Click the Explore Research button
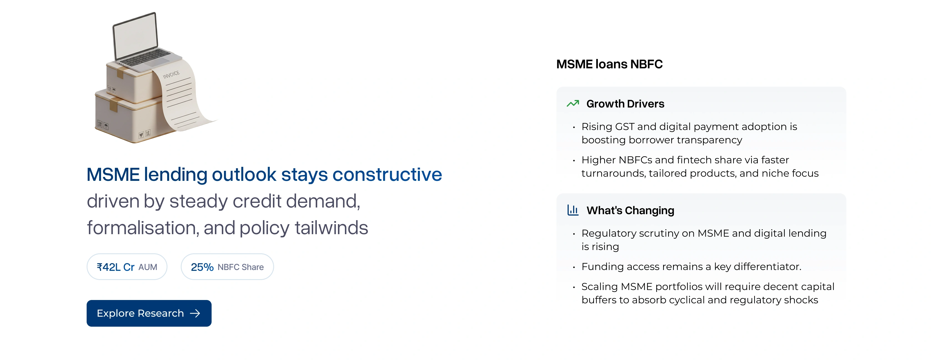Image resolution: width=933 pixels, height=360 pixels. click(149, 313)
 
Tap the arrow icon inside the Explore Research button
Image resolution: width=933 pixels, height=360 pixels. click(195, 313)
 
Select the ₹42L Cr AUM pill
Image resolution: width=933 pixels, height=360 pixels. click(127, 267)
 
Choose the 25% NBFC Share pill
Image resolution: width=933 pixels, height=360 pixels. click(227, 267)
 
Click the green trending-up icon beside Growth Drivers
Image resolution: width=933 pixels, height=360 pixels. click(573, 104)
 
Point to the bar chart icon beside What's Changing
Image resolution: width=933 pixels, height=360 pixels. click(573, 210)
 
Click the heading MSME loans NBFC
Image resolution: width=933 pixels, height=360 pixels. click(609, 64)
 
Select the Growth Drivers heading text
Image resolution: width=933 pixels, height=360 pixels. click(625, 104)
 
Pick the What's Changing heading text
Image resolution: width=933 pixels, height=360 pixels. click(630, 211)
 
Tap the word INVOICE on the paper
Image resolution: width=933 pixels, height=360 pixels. click(171, 75)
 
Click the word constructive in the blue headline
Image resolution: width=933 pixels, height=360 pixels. click(387, 174)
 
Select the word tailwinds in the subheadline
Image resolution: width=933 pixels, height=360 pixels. click(331, 228)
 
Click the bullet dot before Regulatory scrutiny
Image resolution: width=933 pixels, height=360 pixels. click(574, 234)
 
